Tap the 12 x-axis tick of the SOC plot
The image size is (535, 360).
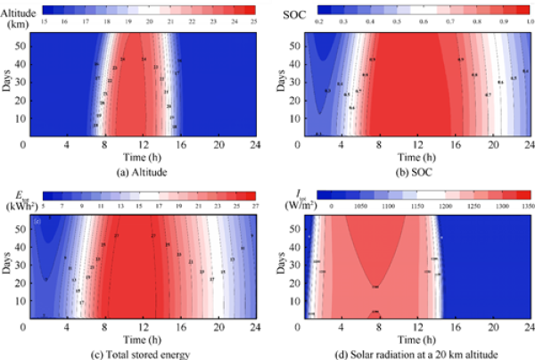coord(416,144)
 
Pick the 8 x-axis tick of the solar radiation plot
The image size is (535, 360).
coord(376,328)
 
